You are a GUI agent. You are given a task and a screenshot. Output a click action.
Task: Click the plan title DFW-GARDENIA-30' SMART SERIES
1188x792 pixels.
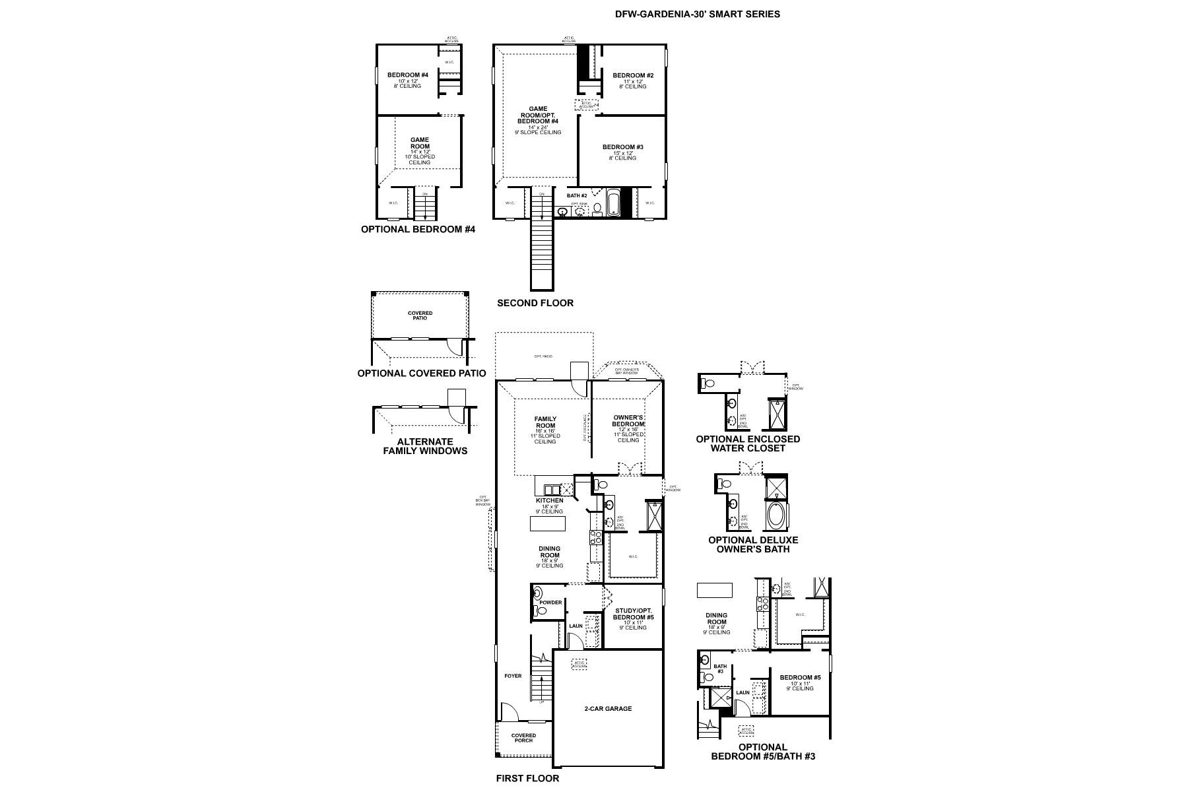697,14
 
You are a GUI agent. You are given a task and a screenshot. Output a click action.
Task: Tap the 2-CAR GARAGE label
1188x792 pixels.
608,708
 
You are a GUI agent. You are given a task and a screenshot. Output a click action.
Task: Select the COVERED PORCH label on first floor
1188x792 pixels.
523,738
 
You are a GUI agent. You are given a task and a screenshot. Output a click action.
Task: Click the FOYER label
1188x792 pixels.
513,676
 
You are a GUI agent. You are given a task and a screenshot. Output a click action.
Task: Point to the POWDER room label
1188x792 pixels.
550,603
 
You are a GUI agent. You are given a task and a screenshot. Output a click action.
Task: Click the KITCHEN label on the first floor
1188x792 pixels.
549,501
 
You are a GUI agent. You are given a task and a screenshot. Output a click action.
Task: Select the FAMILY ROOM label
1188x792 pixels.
545,422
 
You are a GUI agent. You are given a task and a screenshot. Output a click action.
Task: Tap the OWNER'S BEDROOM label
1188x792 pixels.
628,420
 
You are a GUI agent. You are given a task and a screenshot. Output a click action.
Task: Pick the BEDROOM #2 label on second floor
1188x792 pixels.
632,76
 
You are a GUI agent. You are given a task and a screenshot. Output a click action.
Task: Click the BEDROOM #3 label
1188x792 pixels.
622,147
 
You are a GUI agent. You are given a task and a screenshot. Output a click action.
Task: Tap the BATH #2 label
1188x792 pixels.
577,196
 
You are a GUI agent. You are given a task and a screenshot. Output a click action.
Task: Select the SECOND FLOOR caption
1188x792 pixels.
535,303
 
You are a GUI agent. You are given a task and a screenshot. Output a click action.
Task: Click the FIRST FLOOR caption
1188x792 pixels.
527,778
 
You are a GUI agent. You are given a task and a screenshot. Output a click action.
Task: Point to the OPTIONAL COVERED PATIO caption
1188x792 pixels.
422,374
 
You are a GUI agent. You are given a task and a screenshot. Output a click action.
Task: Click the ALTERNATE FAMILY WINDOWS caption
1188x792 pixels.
425,446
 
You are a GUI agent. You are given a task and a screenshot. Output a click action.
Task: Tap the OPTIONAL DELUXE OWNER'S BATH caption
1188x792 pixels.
753,544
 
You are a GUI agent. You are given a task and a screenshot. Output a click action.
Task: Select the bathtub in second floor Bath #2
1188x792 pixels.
614,203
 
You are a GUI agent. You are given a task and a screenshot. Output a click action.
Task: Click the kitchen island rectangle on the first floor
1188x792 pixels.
548,524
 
